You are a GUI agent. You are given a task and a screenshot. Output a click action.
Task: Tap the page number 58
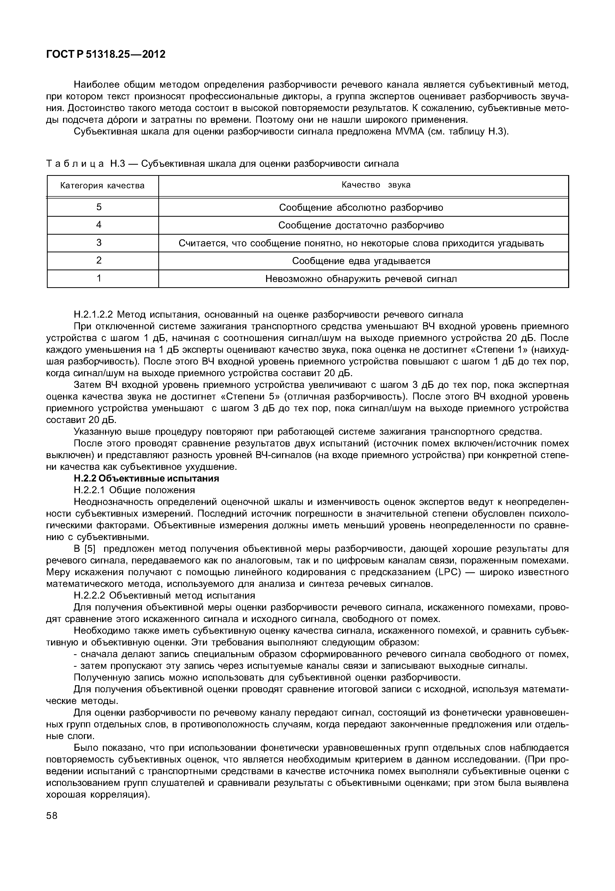pyautogui.click(x=52, y=827)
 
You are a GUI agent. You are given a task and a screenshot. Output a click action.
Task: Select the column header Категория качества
pyautogui.click(x=103, y=186)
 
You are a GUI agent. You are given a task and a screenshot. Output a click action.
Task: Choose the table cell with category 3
pyautogui.click(x=99, y=242)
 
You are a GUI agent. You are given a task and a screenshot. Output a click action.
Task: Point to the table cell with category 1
pyautogui.click(x=99, y=278)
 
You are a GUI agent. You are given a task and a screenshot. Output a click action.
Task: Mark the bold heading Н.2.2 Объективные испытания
pyautogui.click(x=146, y=479)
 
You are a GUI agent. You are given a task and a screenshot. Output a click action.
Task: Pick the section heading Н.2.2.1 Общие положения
pyautogui.click(x=134, y=490)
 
